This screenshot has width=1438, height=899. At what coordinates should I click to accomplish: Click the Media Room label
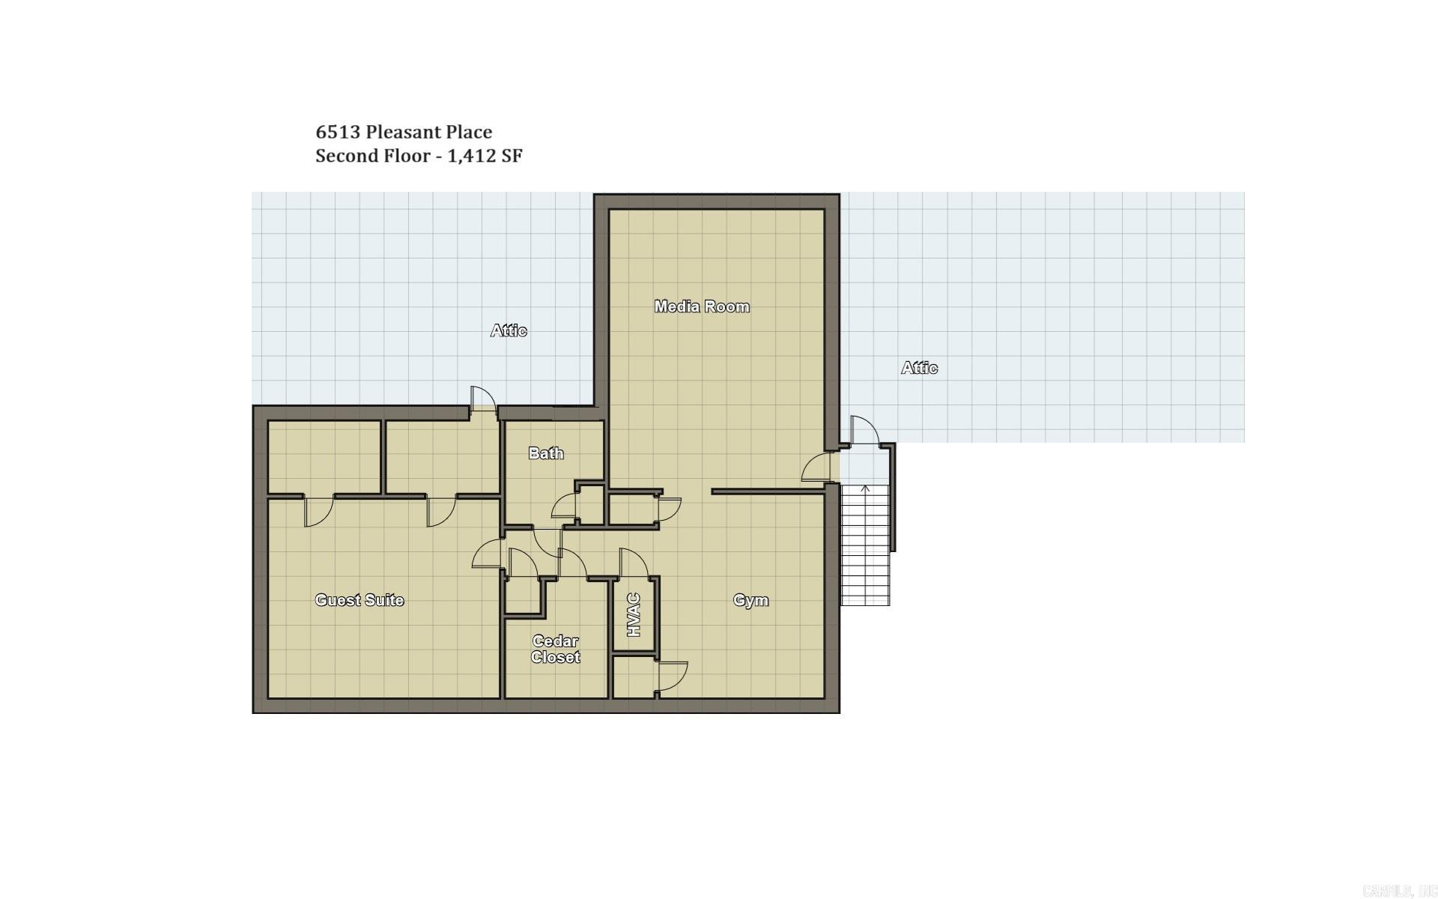701,306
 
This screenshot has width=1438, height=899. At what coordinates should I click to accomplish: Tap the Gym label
750,600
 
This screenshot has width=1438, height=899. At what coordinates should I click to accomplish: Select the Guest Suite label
359,600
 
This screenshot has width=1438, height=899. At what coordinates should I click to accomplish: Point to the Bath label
545,453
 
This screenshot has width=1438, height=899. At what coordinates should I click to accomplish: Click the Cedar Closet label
556,650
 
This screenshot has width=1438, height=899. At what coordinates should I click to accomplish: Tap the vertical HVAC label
634,615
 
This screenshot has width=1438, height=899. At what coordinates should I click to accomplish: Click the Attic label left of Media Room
509,330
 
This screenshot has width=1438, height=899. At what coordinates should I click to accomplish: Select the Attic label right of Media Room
919,368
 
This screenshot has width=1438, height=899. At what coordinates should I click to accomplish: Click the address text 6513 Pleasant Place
404,132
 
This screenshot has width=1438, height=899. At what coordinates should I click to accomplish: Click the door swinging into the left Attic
483,398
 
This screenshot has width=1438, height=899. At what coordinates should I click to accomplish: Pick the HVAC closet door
633,563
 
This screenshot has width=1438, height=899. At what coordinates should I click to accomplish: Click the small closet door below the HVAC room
671,677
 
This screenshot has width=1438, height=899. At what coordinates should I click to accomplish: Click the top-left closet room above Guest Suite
324,457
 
